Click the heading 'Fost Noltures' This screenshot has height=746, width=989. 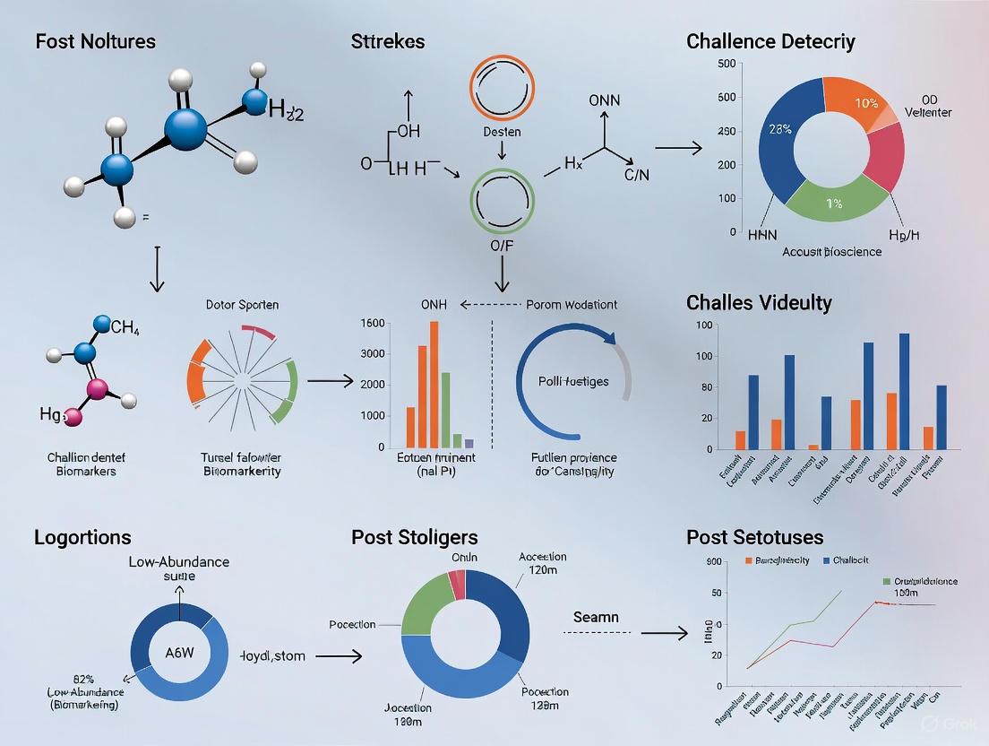(95, 41)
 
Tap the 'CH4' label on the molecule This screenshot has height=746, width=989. (126, 327)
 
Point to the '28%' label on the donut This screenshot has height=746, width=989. (779, 129)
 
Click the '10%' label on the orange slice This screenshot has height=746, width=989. (866, 103)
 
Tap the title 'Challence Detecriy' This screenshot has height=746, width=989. (770, 41)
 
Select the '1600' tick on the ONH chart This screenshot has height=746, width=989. (373, 323)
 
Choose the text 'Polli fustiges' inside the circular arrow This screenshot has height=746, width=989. (573, 381)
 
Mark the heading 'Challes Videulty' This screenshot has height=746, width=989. (759, 302)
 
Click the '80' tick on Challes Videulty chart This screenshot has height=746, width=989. (707, 387)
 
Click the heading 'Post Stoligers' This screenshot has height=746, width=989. (415, 537)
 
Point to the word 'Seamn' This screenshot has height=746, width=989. (596, 618)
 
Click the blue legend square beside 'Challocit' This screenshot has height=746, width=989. (825, 560)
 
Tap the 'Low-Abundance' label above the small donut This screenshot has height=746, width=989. (178, 561)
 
